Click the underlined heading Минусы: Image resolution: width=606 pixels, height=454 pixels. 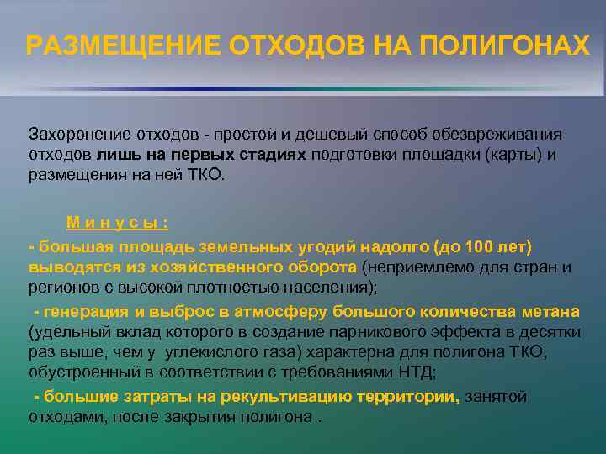point(118,223)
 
